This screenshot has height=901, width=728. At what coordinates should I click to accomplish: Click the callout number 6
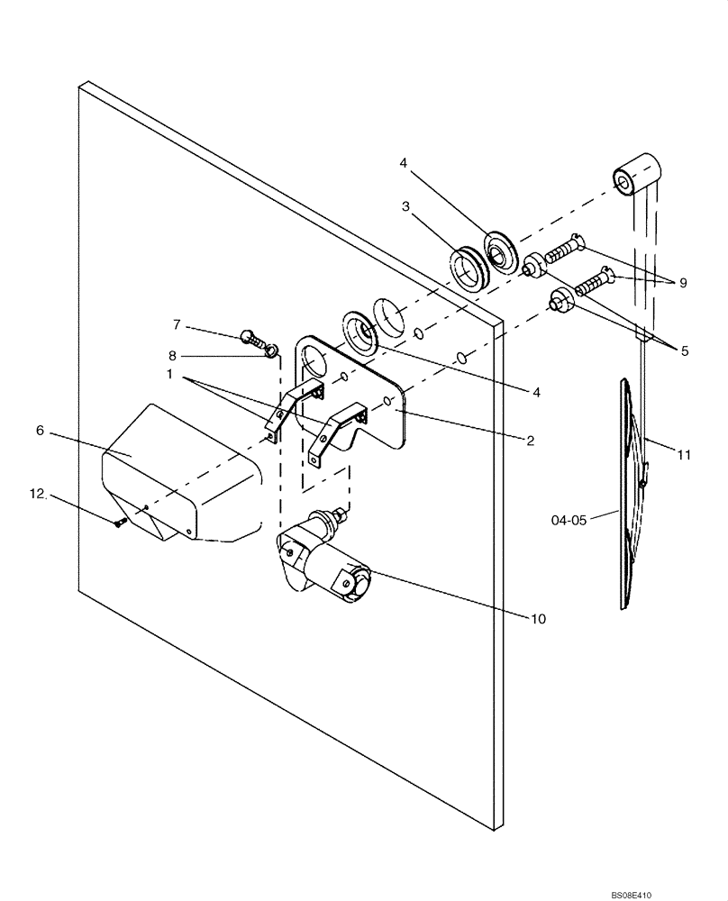[x=40, y=431]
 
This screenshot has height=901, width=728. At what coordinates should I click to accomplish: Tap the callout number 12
[x=36, y=493]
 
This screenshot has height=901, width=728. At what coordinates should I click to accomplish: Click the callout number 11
[x=684, y=455]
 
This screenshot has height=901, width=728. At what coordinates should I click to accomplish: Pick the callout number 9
[x=682, y=282]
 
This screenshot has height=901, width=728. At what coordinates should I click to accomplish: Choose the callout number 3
[x=406, y=206]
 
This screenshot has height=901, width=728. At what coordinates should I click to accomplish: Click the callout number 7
[x=177, y=323]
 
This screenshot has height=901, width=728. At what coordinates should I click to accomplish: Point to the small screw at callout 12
[x=119, y=524]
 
